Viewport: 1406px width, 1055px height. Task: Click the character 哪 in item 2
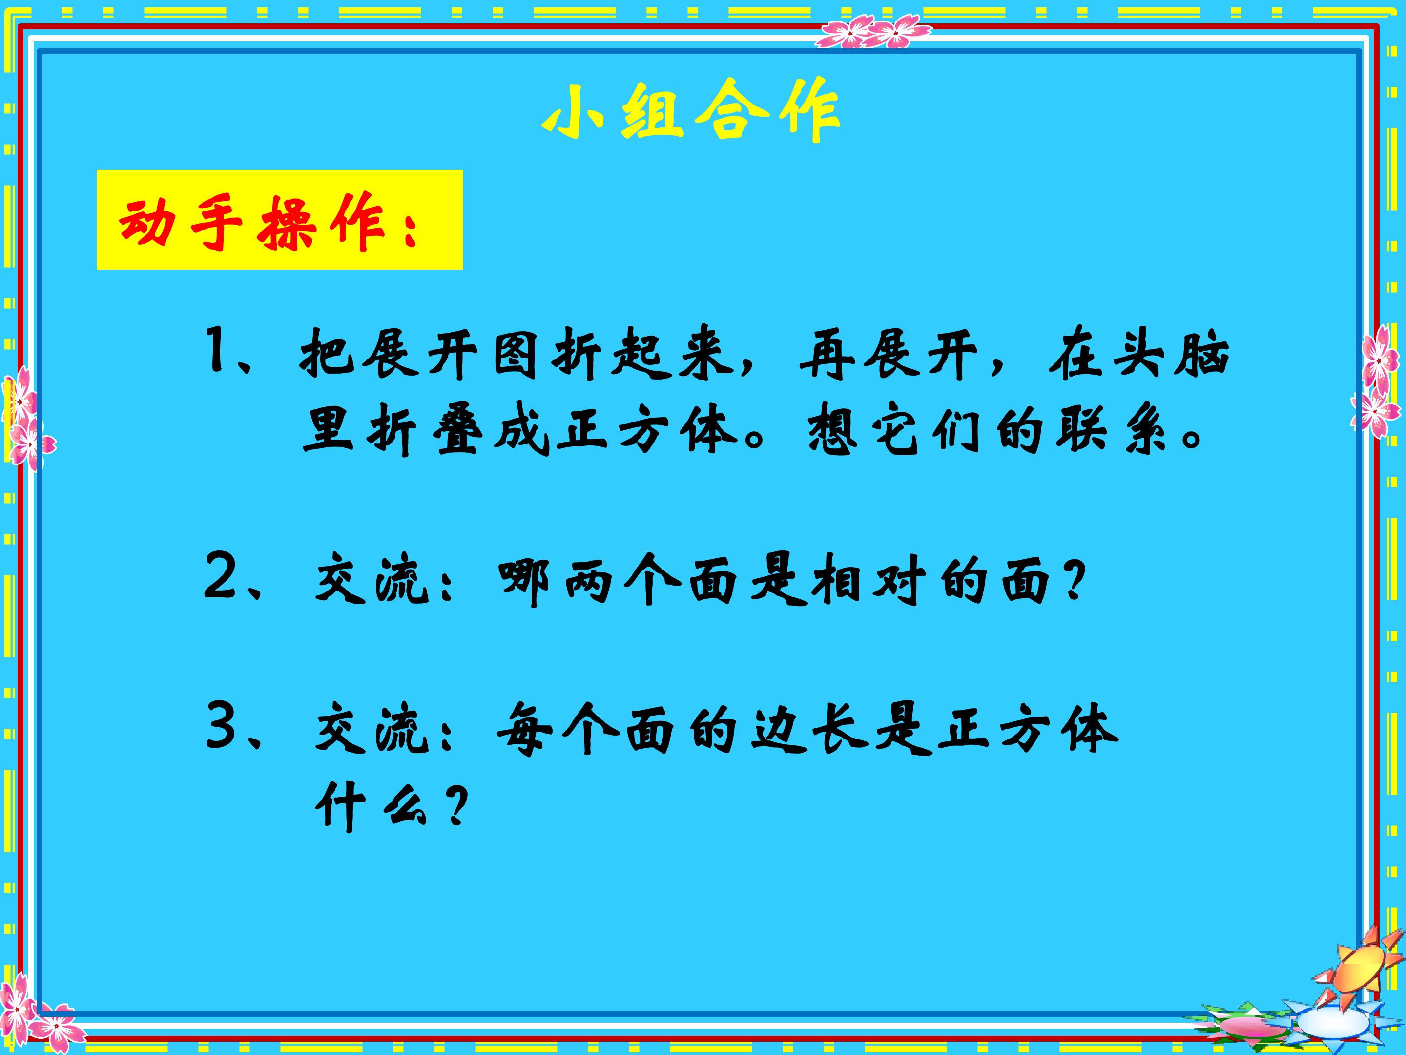click(x=524, y=580)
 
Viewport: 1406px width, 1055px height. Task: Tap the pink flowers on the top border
click(x=872, y=32)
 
